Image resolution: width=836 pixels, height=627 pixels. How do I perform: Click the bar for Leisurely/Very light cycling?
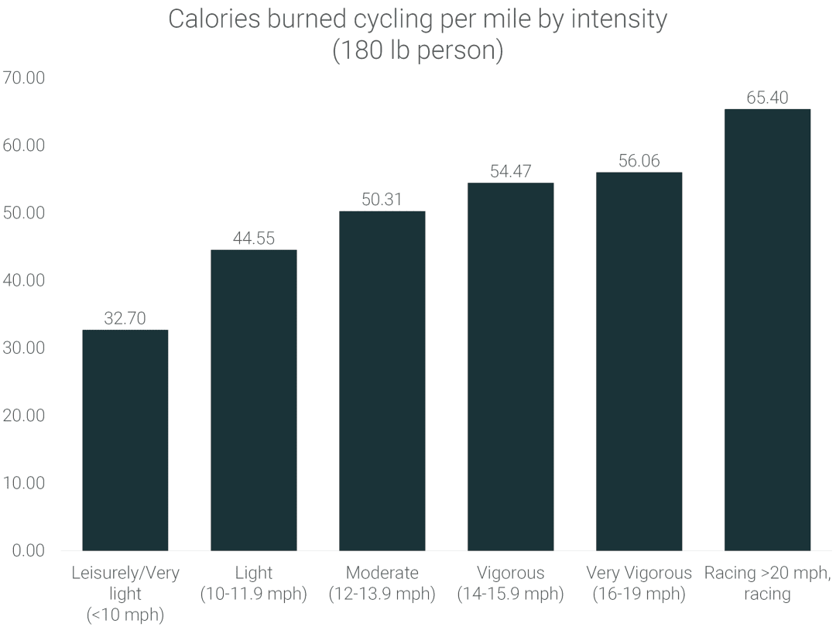coord(125,440)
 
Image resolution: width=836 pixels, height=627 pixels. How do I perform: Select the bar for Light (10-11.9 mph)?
coord(253,399)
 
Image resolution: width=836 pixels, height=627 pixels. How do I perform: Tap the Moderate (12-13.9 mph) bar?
coord(382,380)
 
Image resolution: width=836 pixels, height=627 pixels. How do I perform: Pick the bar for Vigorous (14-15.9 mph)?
coord(510,366)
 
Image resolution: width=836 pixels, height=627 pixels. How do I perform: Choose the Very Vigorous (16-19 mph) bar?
coord(639,361)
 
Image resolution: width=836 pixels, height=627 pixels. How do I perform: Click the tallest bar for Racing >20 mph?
coord(767,329)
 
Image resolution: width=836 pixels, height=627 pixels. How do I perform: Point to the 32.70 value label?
coord(125,317)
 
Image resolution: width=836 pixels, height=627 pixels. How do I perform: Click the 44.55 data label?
coord(253,238)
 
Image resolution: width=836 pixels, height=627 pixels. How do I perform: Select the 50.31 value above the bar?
coord(382,199)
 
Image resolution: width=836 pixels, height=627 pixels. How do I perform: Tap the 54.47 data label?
coord(510,171)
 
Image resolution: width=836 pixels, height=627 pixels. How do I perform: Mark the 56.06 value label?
coord(639,160)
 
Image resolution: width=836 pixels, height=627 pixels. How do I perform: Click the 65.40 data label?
coord(767,98)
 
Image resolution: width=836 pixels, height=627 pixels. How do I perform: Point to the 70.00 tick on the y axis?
coord(25,78)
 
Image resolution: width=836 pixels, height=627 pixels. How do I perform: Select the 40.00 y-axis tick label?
coord(25,280)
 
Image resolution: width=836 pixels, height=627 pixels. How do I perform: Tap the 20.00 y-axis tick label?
coord(25,416)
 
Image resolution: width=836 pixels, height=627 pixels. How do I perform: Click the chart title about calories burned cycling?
coord(417,35)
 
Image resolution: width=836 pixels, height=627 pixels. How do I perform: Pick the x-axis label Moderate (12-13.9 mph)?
coord(382,584)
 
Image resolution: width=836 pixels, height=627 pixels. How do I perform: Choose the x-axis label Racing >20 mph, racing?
coord(767,584)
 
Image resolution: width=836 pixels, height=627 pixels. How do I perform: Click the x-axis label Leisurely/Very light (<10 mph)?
coord(125,594)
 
